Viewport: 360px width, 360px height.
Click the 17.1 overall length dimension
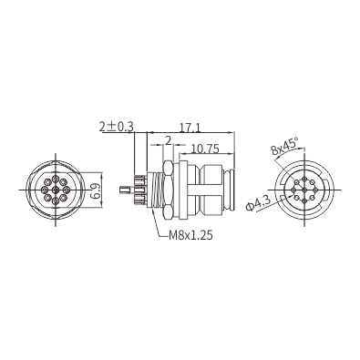coord(190,129)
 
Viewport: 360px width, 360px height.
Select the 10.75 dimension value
coord(205,149)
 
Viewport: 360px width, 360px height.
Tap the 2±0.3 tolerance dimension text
coord(117,127)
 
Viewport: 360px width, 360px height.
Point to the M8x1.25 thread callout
coord(190,235)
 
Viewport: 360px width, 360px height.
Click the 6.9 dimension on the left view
coord(96,190)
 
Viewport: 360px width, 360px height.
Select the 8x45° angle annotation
coord(285,146)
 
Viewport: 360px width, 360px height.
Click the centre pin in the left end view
coord(56,190)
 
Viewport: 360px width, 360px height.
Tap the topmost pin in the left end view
coord(56,179)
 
